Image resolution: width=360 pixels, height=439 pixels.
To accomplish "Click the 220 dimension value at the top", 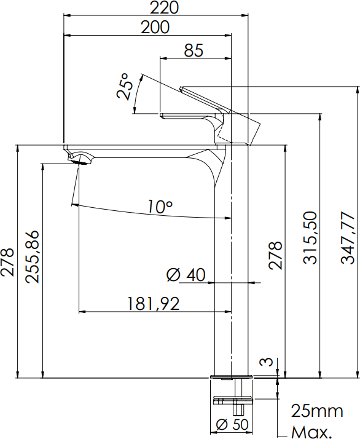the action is [x=163, y=7].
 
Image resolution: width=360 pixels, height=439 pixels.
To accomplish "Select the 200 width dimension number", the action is [x=155, y=28].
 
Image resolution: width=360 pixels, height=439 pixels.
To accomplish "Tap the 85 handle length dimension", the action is [x=194, y=50].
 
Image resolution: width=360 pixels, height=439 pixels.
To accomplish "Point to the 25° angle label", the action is [x=123, y=86].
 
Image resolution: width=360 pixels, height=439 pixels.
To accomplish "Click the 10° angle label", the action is [x=160, y=207].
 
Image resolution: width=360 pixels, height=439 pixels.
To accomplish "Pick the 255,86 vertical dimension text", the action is [x=32, y=256].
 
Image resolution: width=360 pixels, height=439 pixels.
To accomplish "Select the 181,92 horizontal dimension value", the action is [x=154, y=304].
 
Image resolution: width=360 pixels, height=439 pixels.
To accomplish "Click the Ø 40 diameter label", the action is [x=186, y=275].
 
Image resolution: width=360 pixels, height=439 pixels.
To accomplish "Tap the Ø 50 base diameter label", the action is [x=232, y=425].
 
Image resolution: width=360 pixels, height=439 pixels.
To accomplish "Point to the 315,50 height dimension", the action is [x=310, y=237].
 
